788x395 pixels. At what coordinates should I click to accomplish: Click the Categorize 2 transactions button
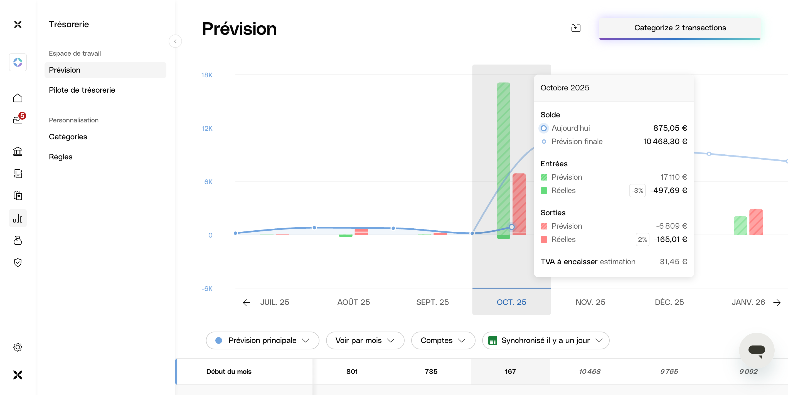680,28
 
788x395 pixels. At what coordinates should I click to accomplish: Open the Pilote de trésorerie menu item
82,90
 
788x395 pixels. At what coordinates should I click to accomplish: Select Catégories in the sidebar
68,137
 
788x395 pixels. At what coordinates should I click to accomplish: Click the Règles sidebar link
61,157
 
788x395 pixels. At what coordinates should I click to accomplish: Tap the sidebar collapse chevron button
175,41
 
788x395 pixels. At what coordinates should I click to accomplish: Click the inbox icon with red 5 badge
18,120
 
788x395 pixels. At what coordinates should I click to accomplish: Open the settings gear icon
18,347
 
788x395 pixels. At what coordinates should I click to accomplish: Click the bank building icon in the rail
18,151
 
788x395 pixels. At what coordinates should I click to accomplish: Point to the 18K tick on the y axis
207,75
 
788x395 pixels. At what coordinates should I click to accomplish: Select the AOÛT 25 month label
353,302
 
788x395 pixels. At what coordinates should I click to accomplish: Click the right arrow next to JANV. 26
777,303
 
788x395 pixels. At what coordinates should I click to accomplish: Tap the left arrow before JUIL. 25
246,303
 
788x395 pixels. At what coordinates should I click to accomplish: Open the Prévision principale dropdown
262,340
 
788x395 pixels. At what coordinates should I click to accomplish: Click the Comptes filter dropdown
443,340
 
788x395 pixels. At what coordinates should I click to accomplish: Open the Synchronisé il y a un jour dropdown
545,340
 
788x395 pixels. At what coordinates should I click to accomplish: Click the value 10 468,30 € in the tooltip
665,142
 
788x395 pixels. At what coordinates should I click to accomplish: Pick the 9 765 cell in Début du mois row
669,371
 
